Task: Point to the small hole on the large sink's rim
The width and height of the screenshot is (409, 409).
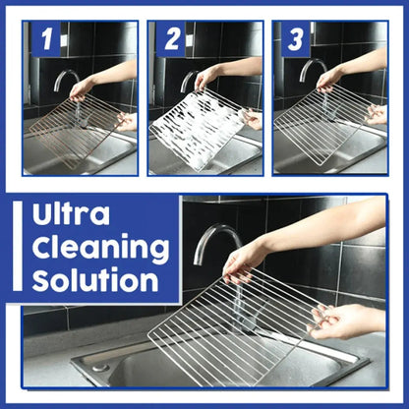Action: [100, 367]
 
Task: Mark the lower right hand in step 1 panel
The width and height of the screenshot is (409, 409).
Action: [126, 122]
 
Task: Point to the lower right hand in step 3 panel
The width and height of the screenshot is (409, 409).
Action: [375, 114]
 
